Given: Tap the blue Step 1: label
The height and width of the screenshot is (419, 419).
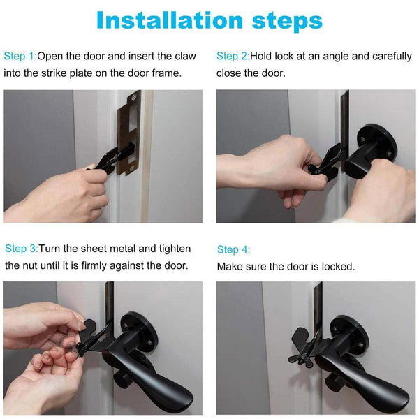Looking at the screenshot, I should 20,56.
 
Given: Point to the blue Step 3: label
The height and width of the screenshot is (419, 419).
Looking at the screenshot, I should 21,249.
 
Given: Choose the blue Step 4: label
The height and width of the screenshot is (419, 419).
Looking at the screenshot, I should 233,249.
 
